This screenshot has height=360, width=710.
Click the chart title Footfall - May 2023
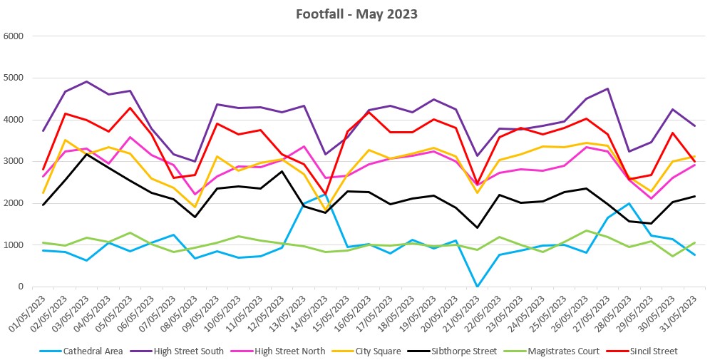356,14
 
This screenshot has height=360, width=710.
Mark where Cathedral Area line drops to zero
477,286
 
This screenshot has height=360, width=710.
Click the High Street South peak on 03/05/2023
87,81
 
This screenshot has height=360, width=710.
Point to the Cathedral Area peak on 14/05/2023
325,195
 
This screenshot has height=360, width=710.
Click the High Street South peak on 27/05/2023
607,88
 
